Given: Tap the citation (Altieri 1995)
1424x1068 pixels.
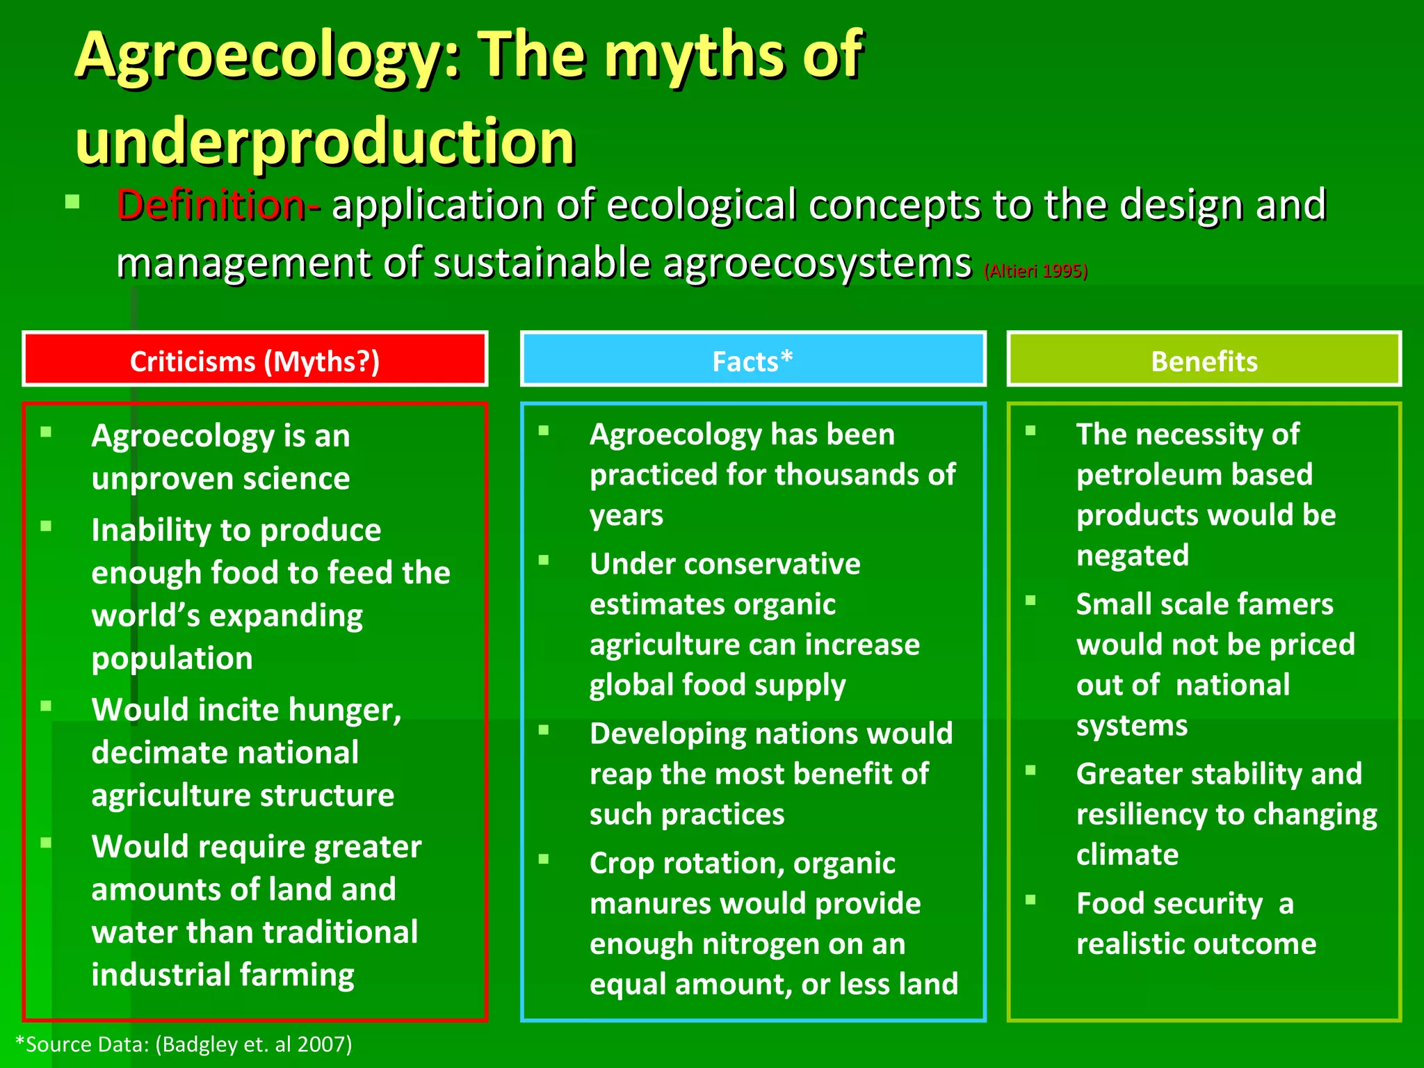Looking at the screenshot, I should pos(1035,270).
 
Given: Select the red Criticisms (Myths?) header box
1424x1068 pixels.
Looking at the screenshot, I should pos(255,359).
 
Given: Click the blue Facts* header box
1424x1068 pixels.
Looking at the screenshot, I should pos(753,359).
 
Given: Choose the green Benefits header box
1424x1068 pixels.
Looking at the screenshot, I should pos(1204,359).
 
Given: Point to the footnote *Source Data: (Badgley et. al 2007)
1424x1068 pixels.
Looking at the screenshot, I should pos(184,1044).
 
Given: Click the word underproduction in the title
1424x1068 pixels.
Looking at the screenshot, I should pos(325,142).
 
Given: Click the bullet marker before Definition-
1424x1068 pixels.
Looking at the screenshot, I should pos(72,203).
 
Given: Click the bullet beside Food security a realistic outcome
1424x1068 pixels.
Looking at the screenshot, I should pos(1030,900).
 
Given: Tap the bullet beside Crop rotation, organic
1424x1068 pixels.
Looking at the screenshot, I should pos(544,859).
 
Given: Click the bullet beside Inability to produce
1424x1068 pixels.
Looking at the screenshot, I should pos(46,526).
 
